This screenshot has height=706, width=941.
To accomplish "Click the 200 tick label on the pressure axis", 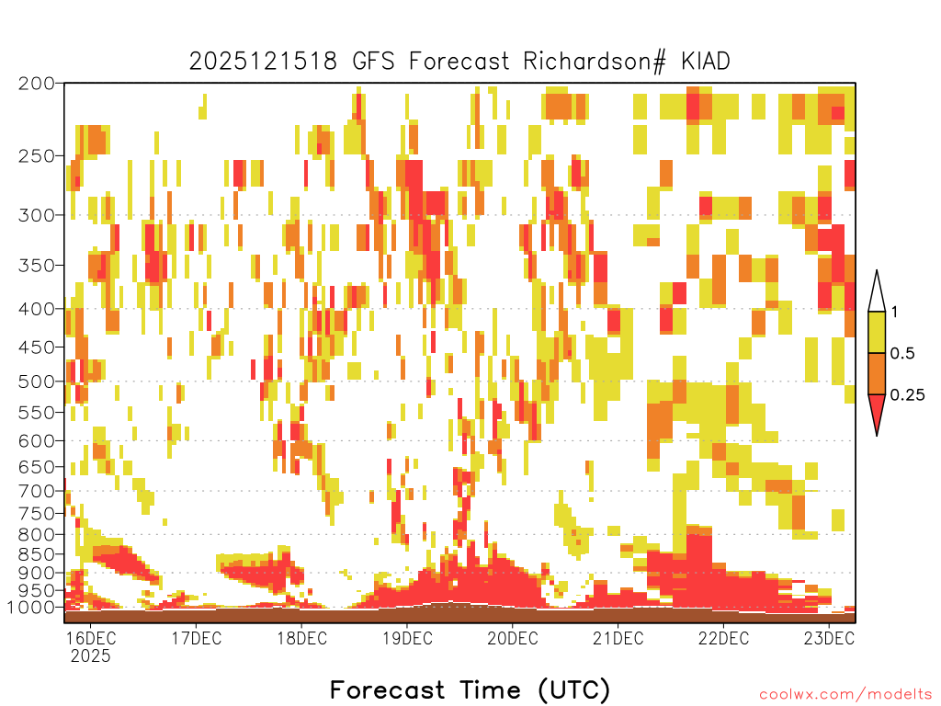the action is [x=37, y=84].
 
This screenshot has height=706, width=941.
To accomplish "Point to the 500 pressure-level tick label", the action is [x=37, y=381].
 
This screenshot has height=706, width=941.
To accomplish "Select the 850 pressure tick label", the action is [x=37, y=554].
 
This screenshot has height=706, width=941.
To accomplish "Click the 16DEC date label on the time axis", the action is [x=91, y=638].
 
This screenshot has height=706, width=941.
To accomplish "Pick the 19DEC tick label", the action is [x=407, y=638].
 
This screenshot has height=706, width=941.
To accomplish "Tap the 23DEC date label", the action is [x=830, y=638].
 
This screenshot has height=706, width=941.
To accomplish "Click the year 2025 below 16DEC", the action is [x=91, y=655].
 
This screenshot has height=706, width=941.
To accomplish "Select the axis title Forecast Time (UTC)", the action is [x=470, y=690].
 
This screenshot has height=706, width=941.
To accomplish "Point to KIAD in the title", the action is [x=705, y=62].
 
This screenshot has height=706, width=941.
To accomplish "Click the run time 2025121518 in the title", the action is [x=264, y=62].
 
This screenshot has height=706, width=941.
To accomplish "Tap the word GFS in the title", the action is [x=373, y=62].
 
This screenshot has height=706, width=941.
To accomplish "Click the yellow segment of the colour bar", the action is [x=877, y=332].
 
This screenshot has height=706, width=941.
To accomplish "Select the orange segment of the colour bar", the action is [x=877, y=373].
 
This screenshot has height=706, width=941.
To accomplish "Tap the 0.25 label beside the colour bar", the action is [x=907, y=395].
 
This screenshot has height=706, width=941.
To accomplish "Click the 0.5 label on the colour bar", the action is [x=902, y=354].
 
